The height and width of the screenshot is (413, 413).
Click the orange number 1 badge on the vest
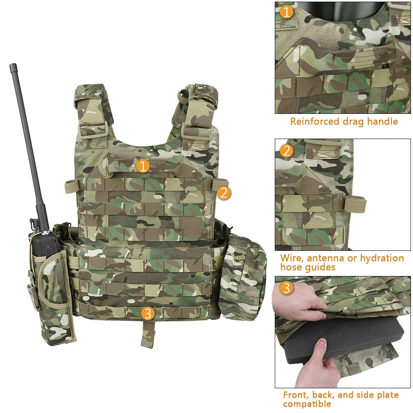point(143,166)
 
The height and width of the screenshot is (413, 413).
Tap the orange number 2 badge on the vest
point(224,193)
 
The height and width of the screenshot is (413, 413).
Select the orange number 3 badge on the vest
point(148,313)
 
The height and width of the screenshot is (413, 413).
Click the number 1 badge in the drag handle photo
point(287,12)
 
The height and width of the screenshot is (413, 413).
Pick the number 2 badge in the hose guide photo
point(287,151)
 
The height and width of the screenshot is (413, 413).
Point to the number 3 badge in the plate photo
point(287,288)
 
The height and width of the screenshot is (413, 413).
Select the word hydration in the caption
point(382,259)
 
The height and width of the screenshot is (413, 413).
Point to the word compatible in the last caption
point(307,404)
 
